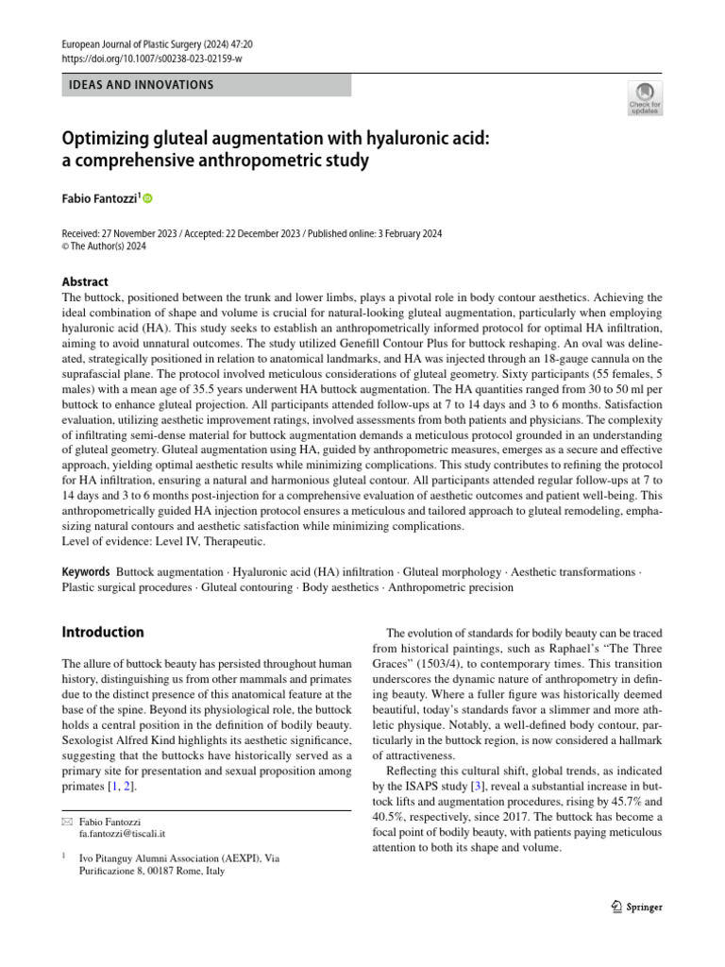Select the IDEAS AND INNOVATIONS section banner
pos(141,85)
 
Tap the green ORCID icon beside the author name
pos(147,199)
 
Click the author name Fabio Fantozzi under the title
pos(98,199)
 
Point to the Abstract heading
pos(85,281)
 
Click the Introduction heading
pos(102,632)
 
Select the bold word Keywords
pos(87,572)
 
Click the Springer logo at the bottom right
pos(636,907)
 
